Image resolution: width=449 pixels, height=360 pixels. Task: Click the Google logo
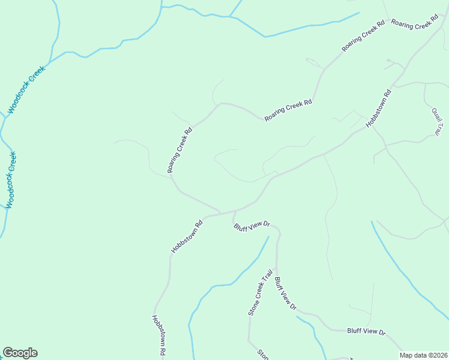20,353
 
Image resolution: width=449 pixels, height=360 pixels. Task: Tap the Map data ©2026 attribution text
424,355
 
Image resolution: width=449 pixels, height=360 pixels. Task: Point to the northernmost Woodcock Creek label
27,91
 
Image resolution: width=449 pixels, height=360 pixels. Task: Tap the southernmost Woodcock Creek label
11,181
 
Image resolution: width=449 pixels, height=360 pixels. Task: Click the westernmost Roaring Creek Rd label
180,150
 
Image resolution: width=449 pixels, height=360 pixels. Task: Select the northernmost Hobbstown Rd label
379,108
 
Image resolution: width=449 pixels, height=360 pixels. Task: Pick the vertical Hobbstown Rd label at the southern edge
158,336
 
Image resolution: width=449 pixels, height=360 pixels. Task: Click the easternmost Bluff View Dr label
366,331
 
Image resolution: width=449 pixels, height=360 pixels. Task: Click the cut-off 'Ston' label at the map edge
263,354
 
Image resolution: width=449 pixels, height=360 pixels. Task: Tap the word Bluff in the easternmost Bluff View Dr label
355,331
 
